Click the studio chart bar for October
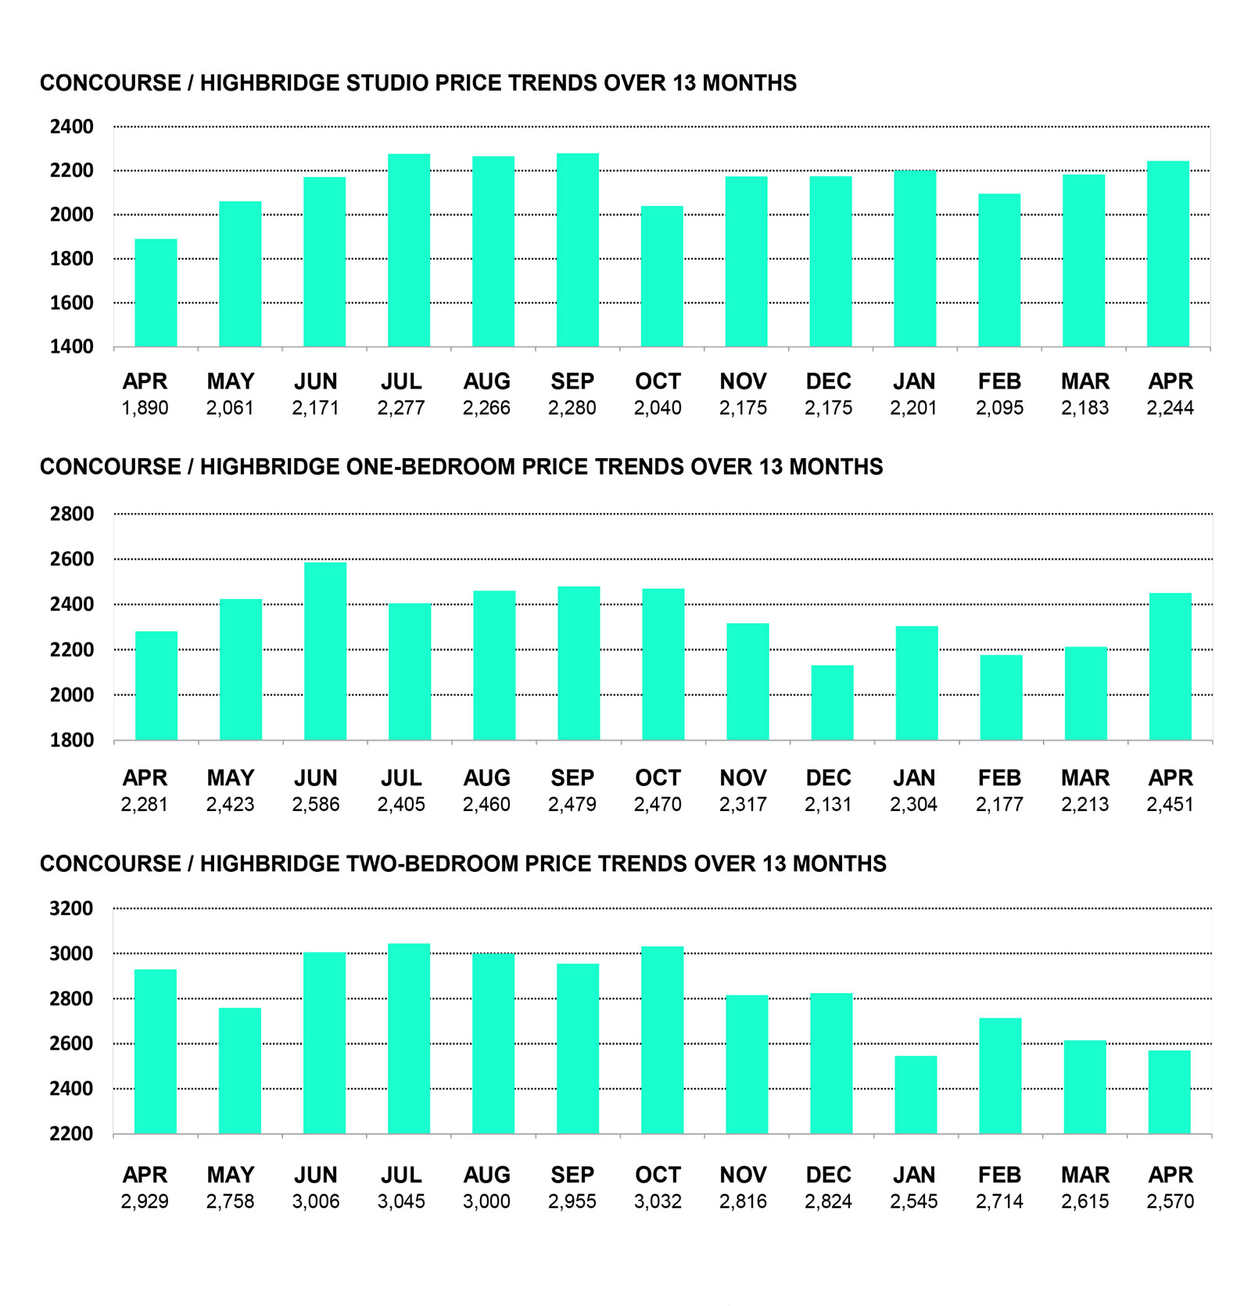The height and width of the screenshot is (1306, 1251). [661, 276]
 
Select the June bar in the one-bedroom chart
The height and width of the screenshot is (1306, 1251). [325, 651]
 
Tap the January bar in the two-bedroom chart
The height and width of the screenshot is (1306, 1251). [916, 1095]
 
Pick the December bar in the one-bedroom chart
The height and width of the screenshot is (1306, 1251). [832, 702]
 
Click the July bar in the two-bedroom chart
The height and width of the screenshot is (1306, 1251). [409, 1039]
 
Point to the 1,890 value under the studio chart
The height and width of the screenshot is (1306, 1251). [145, 408]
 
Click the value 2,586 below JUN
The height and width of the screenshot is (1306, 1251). [316, 805]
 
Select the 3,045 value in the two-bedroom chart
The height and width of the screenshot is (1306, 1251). [401, 1201]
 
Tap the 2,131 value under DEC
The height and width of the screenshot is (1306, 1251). [828, 805]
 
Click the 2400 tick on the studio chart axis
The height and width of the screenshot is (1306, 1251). [72, 127]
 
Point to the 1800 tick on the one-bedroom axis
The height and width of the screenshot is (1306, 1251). [72, 740]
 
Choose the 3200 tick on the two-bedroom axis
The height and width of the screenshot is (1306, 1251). [71, 909]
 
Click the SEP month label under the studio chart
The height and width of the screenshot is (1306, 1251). [572, 382]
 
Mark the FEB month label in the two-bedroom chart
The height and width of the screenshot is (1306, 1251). [999, 1175]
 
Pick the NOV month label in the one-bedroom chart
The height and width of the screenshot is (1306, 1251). [743, 778]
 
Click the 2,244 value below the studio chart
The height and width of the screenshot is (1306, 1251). [1170, 408]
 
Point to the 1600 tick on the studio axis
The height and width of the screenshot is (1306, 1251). [72, 303]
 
